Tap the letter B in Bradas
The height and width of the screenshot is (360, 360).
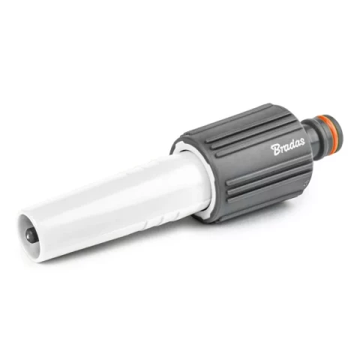(x=275, y=149)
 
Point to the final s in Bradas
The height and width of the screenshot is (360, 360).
(x=302, y=142)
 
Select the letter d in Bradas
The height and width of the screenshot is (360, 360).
(x=291, y=145)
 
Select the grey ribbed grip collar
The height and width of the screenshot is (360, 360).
(x=245, y=163)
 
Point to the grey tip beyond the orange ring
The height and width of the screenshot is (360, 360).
(x=336, y=130)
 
